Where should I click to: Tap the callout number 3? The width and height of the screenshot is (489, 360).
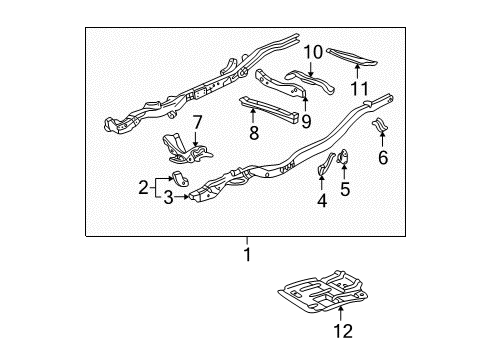[169, 197]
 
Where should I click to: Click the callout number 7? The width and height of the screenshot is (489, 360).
[197, 122]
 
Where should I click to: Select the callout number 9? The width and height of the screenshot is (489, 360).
[306, 122]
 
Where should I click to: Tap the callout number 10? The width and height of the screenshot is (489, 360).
[313, 52]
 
